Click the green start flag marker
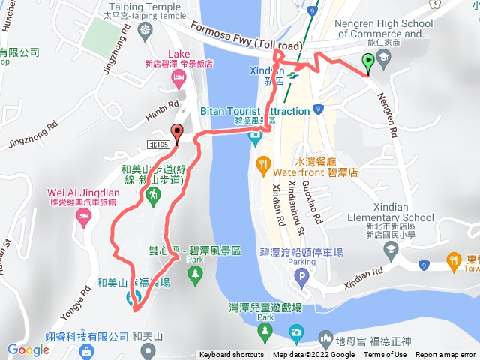click(368, 63)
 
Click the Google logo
click(28, 349)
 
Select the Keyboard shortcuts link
click(232, 355)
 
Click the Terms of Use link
click(385, 355)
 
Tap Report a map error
click(446, 355)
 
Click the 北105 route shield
click(157, 143)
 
